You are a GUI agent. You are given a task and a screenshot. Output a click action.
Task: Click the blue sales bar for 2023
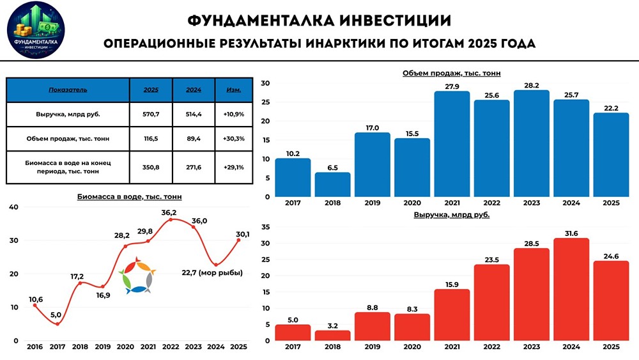(x=531, y=144)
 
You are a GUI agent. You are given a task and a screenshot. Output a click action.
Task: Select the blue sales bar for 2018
(x=332, y=185)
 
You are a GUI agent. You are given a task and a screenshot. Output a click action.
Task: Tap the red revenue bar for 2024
(x=571, y=289)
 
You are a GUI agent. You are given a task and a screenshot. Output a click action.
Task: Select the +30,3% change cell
(x=234, y=139)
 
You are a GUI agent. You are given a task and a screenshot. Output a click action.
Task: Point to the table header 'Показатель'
(x=68, y=90)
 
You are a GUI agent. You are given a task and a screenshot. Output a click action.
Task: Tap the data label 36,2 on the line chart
(x=169, y=212)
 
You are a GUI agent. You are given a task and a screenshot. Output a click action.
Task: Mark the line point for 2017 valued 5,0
(x=58, y=324)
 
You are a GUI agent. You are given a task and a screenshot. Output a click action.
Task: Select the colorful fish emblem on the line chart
(x=136, y=276)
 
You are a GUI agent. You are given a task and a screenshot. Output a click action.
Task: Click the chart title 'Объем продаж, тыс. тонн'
(x=451, y=74)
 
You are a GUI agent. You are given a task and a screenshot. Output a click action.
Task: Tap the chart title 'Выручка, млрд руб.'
(x=451, y=215)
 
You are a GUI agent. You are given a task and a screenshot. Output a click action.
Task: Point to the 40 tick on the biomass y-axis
(x=14, y=207)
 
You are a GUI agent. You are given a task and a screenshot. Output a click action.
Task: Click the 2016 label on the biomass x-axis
(x=35, y=347)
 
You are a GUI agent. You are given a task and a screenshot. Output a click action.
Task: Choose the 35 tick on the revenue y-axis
(x=266, y=227)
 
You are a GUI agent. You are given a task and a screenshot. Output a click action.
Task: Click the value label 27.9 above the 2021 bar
(x=451, y=86)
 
